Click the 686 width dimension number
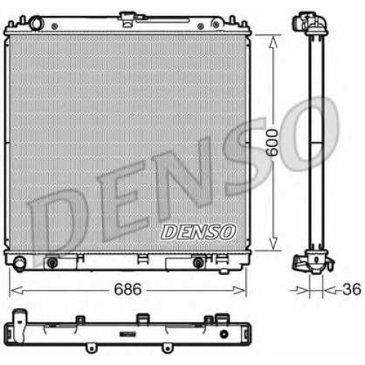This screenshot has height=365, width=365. [128, 289]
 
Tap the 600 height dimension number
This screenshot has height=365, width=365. [272, 142]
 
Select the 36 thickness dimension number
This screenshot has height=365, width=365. [351, 289]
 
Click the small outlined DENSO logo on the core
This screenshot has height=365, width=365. [198, 232]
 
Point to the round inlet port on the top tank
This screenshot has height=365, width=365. [36, 23]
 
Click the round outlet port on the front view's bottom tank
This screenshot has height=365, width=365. [19, 263]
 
